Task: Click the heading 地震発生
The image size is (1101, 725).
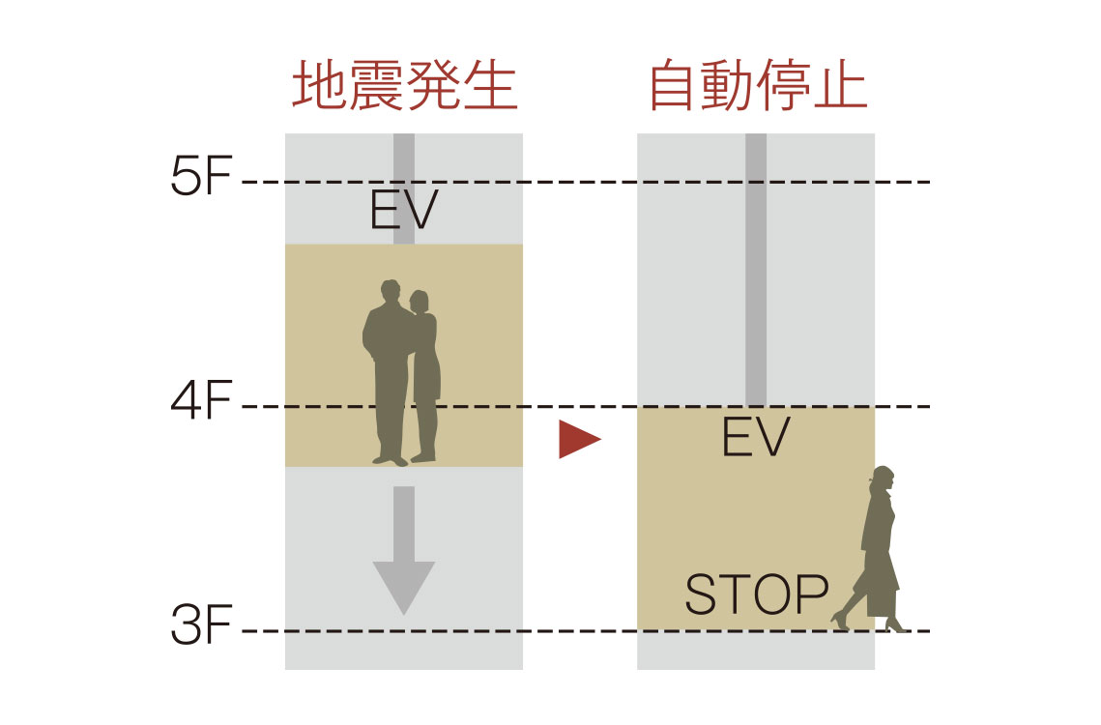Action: tap(405, 88)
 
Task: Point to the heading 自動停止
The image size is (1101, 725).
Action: tap(757, 88)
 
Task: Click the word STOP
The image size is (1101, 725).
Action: tap(757, 595)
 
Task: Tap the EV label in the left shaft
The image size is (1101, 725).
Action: tap(404, 211)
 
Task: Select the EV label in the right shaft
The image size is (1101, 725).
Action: tap(756, 437)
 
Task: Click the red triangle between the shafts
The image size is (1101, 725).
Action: tap(579, 440)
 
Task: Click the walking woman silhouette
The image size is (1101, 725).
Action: tap(875, 551)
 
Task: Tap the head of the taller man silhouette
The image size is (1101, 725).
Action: tap(390, 293)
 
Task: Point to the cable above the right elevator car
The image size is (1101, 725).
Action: tap(756, 271)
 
